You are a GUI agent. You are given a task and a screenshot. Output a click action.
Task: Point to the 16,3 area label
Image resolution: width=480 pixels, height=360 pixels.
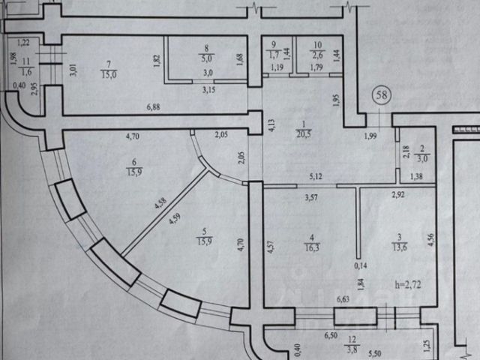click(309, 246)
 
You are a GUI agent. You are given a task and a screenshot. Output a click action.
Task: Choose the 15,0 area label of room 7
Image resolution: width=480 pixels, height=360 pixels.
click(109, 73)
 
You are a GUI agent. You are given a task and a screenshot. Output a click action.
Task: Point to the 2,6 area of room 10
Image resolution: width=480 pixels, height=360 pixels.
click(317, 53)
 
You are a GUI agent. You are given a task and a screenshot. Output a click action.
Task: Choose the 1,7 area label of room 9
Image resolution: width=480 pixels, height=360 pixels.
click(274, 53)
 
